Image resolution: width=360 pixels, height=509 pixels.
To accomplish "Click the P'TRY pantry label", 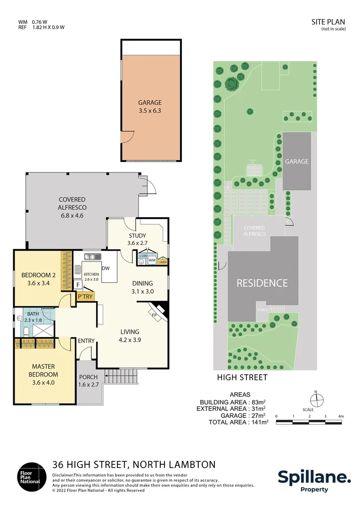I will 85,296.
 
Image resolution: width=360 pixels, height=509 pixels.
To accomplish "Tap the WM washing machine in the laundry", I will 152,260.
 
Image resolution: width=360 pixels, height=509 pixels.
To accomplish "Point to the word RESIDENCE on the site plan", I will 262,283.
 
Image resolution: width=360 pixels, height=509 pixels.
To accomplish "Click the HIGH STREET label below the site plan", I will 242,377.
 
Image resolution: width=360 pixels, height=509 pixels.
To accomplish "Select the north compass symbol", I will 319,400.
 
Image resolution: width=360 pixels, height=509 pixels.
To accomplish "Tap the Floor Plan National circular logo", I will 32,477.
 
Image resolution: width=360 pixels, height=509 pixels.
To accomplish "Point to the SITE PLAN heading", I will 328,22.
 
